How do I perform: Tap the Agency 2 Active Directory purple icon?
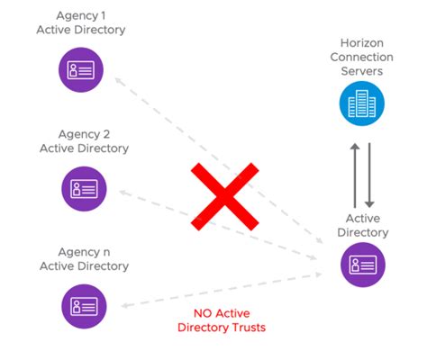83,187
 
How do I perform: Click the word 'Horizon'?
363,43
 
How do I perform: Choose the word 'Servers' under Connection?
363,71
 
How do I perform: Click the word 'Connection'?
363,58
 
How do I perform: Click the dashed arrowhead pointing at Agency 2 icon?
124,192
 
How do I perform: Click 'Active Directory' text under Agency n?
84,265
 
